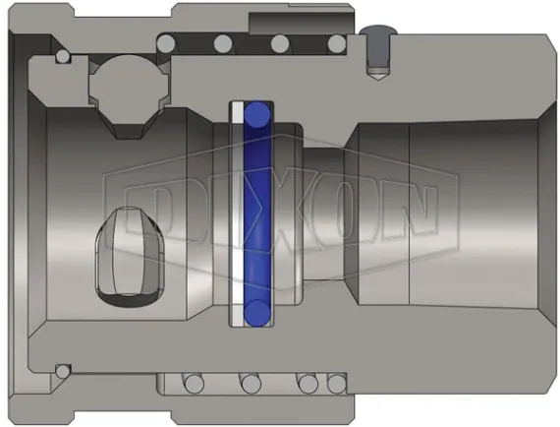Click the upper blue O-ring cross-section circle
click(x=259, y=116)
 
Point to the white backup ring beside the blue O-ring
click(x=237, y=213)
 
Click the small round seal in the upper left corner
click(x=63, y=58)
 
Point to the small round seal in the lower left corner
click(x=63, y=371)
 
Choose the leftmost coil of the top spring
click(x=167, y=41)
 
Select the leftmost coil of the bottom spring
click(x=192, y=382)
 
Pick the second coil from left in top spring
click(x=223, y=42)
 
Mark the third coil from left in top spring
click(x=279, y=42)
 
